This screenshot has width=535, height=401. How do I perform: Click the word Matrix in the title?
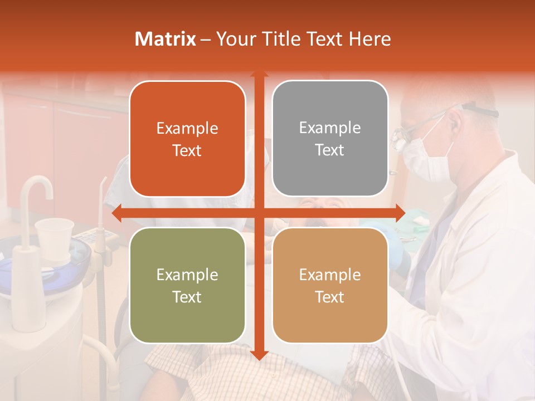click(x=166, y=39)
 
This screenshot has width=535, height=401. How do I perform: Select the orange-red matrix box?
click(x=187, y=139)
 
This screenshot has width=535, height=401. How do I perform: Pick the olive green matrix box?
click(x=187, y=285)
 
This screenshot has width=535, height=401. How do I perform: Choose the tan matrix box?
click(x=330, y=285)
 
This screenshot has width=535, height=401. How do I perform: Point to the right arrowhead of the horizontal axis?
click(x=400, y=213)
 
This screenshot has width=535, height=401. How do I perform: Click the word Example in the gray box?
click(x=330, y=128)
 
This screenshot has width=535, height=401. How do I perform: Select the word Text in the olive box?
click(x=187, y=297)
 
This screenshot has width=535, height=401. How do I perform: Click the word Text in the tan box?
click(x=330, y=297)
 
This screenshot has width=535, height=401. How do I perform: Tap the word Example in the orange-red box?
click(x=187, y=128)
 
